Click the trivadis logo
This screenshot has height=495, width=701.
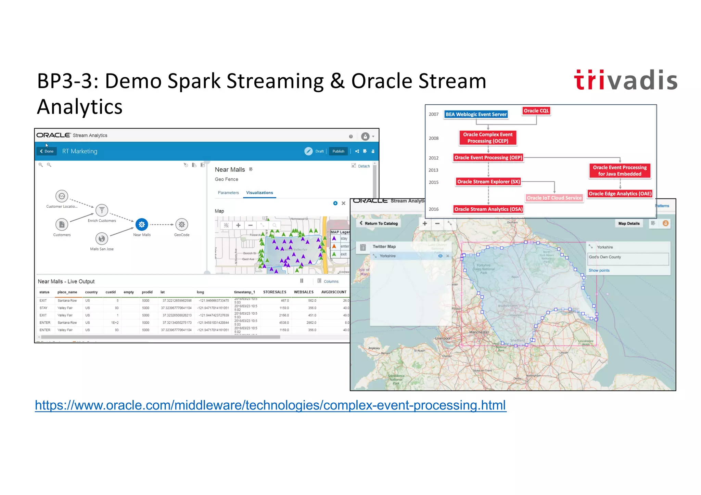[625, 80]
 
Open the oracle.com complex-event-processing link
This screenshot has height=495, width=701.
[270, 405]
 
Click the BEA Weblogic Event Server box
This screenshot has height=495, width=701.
[476, 114]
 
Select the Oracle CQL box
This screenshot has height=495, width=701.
[536, 110]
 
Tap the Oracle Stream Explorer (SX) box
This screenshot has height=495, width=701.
[488, 182]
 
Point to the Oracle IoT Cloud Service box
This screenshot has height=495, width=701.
[554, 198]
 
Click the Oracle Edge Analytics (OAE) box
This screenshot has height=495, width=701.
[620, 194]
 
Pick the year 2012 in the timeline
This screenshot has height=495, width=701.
[433, 158]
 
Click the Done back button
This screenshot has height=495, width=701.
[47, 151]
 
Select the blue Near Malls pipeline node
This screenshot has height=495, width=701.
[142, 225]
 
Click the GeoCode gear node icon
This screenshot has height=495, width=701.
[182, 225]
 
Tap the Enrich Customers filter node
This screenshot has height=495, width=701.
[102, 210]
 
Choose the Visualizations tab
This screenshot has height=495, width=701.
[259, 193]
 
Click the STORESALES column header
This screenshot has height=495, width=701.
[275, 292]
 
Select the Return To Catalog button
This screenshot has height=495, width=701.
[379, 223]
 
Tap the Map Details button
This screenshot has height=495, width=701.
[629, 223]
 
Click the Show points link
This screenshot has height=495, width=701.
[599, 270]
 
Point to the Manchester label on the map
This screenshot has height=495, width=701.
[479, 332]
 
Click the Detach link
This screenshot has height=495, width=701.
[364, 166]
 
